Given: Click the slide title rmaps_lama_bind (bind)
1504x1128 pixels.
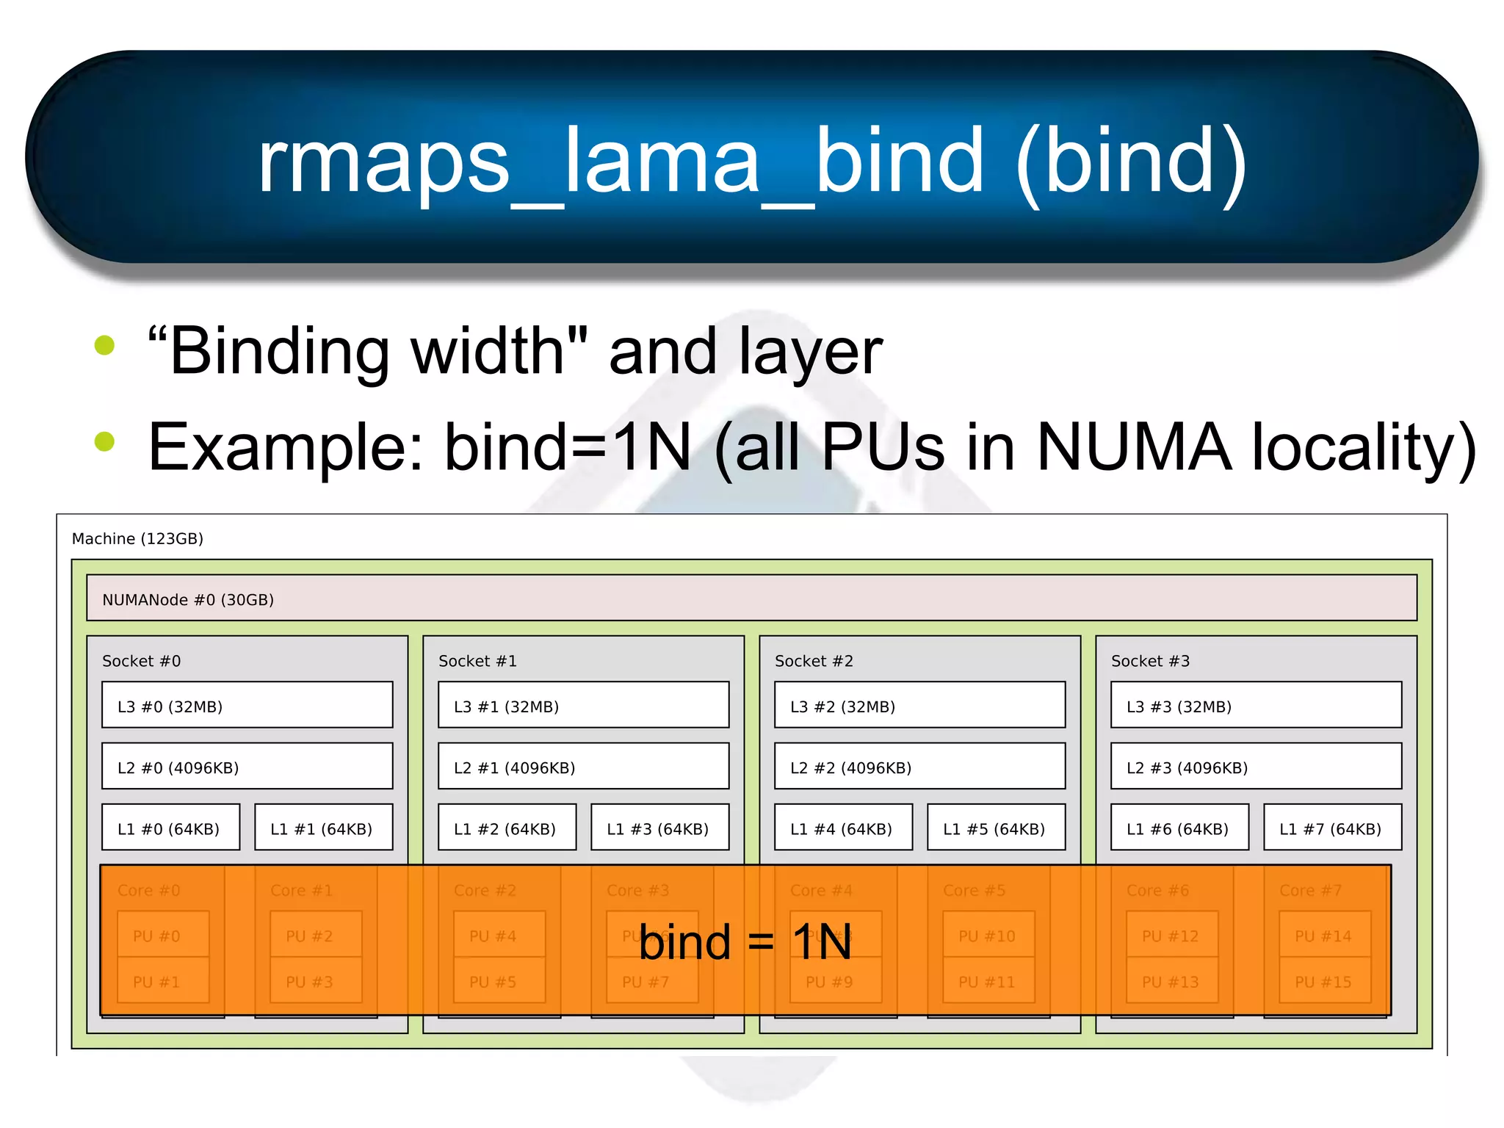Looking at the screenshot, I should coord(752,160).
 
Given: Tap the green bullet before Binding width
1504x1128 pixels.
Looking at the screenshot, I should coord(105,345).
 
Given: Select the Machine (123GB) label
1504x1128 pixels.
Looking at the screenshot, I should coord(137,539).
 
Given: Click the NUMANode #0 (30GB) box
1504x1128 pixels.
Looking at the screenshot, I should coord(751,599).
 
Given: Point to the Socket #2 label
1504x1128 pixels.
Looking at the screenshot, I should coord(814,661).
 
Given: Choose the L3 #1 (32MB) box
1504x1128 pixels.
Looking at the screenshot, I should coord(583,706).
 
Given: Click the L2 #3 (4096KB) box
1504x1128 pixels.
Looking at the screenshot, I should coord(1256,767).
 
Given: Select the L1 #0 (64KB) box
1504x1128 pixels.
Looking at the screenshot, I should coord(170,828).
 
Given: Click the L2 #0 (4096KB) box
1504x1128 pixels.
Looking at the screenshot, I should coord(247,767).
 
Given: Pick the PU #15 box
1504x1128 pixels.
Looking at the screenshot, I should coord(1323,982).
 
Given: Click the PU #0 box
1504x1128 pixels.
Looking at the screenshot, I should coord(162,936).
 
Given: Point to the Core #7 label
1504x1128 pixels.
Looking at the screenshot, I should coord(1310,890).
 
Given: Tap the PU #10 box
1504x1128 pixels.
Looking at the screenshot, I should coord(988,936).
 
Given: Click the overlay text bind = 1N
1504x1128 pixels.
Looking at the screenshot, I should coord(745,943).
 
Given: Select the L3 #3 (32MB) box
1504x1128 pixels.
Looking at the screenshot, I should coord(1256,706).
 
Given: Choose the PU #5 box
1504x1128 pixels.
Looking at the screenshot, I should coord(499,982).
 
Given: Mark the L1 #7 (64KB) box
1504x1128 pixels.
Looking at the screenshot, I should coord(1331,828).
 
